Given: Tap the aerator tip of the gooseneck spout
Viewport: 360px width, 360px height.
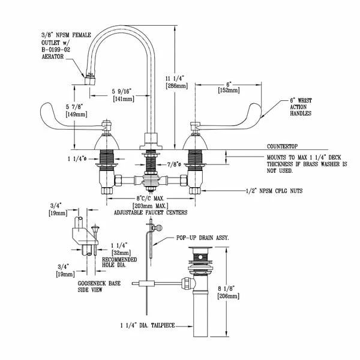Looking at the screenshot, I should coord(91,77).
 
